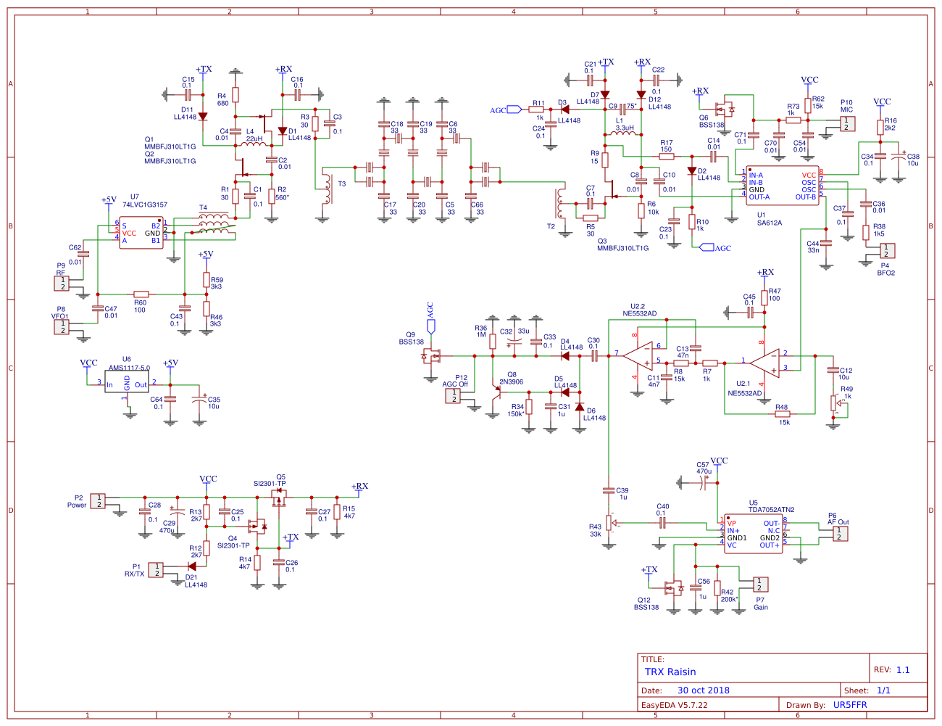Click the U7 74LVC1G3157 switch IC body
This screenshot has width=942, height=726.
coord(141,233)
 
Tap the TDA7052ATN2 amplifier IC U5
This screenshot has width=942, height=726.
coord(754,534)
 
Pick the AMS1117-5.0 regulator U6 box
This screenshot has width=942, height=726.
coord(127,382)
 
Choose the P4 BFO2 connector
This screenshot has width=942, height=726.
coord(885,250)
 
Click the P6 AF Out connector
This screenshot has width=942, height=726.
coord(839,533)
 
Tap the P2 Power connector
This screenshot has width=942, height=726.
coord(97,500)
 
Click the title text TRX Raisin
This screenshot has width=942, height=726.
coord(670,672)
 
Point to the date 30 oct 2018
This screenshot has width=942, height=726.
coord(703,690)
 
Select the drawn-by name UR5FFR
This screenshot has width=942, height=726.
coord(850,705)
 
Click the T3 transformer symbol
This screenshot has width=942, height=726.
coord(327,189)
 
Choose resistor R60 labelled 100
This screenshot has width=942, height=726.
coord(141,294)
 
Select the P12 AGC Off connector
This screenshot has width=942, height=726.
coord(453,395)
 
